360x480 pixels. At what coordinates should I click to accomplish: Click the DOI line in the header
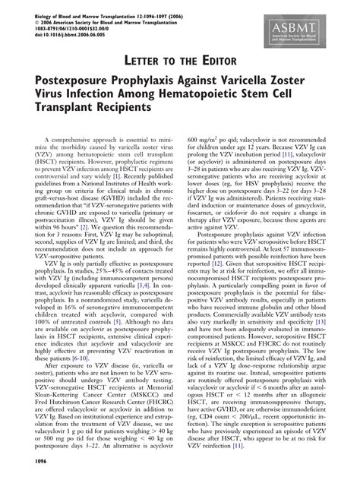tap(65, 35)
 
